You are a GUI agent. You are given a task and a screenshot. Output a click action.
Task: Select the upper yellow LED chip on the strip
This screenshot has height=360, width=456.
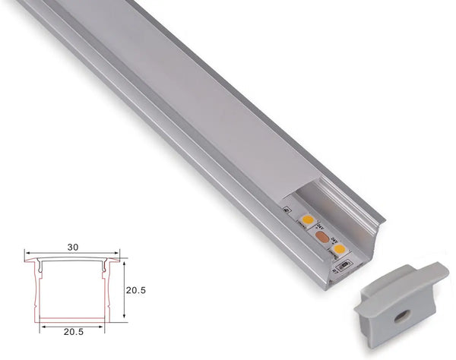(308, 220)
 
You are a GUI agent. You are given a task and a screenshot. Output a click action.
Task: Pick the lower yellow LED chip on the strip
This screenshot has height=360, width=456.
(339, 248)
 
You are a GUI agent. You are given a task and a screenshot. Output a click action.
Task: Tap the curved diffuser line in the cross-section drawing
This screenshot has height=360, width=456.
(72, 261)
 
